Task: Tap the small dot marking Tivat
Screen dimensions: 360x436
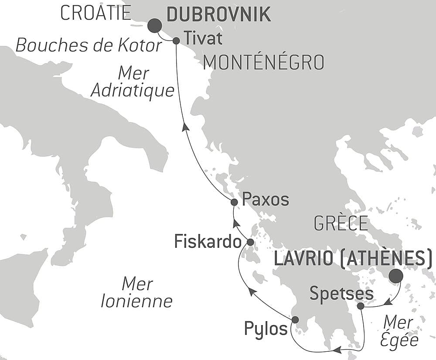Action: (176, 41)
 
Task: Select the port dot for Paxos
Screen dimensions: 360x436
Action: (234, 202)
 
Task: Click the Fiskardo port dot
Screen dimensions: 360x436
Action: (250, 242)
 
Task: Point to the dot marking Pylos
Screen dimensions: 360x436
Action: (295, 319)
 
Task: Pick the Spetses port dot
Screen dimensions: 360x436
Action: (361, 306)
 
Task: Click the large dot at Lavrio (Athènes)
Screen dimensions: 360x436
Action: (395, 277)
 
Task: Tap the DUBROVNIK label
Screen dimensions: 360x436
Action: (219, 14)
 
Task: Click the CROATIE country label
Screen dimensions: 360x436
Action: (95, 13)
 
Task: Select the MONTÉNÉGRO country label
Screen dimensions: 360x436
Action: (264, 63)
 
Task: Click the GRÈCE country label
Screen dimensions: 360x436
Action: (341, 223)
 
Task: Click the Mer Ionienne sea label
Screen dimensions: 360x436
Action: (136, 292)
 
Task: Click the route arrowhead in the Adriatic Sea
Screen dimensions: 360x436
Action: (185, 127)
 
